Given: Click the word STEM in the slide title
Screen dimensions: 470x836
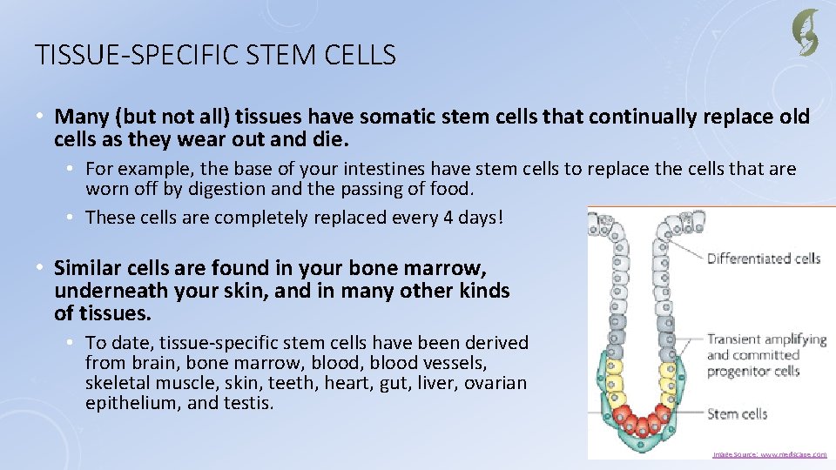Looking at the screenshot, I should click(277, 56).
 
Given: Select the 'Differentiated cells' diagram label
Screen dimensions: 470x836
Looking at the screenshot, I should click(763, 258).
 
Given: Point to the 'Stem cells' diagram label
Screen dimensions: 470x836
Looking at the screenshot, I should click(737, 413).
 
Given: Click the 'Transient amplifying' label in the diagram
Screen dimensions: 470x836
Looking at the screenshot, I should click(766, 339).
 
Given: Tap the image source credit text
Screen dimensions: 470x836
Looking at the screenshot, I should click(770, 454).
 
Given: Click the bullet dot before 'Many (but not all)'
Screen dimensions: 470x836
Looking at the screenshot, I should click(41, 117).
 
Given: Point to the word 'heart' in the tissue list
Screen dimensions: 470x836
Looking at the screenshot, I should click(340, 383).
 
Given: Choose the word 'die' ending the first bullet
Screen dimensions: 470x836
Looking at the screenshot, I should click(331, 139).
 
